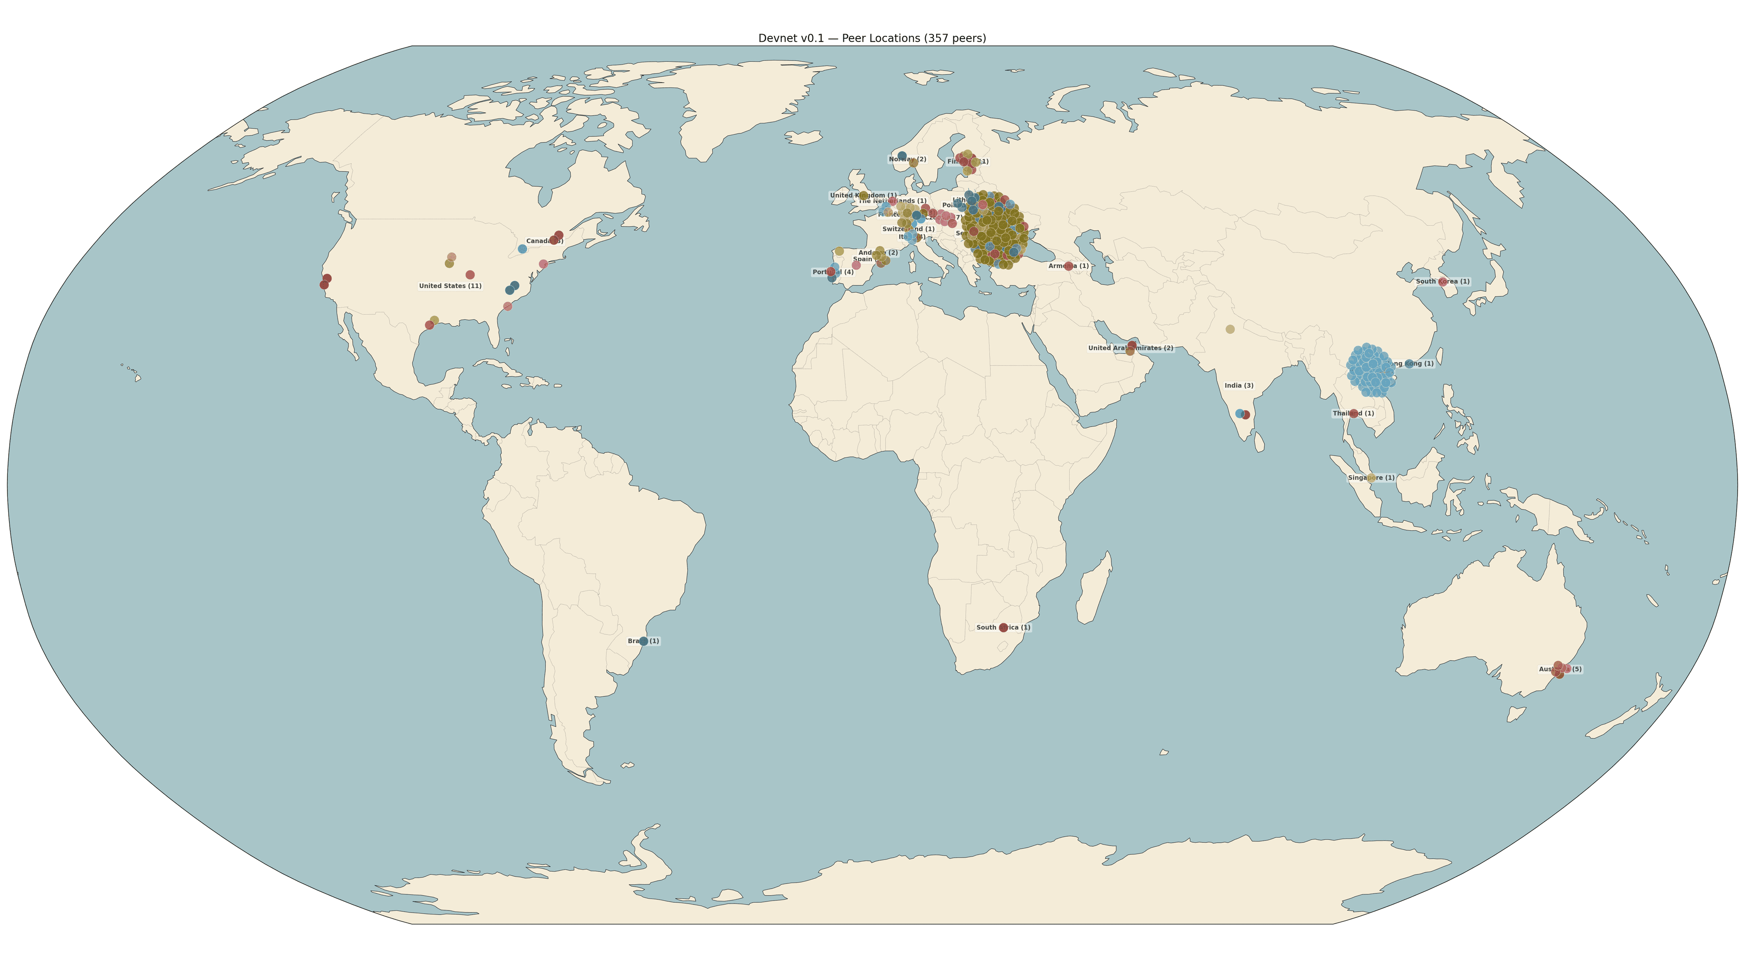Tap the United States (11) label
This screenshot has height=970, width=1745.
(450, 286)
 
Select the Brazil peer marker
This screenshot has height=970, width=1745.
(643, 641)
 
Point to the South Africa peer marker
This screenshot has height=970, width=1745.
(1003, 628)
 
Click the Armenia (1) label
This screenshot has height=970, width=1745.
(1068, 266)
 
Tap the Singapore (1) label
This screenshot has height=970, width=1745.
(1371, 478)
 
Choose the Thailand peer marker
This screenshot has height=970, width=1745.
(1353, 413)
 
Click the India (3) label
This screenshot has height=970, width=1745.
(1239, 386)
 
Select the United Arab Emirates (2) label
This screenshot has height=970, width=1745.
(1131, 348)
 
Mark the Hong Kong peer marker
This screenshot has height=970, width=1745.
(1410, 364)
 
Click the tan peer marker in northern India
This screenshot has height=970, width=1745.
(1230, 329)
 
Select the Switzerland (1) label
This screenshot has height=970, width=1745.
(908, 229)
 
